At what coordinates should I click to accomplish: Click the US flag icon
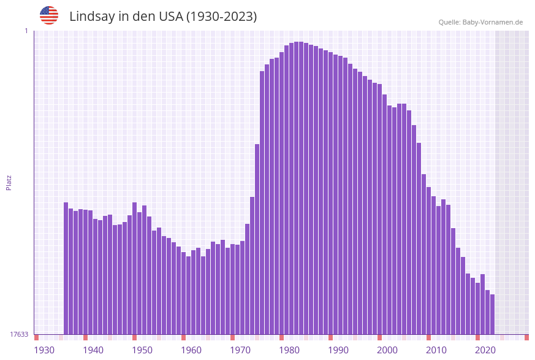pos(49,15)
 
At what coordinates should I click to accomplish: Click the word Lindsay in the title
pos(92,17)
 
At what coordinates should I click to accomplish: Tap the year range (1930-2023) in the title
pos(221,17)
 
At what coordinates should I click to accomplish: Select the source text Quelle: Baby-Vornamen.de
pos(480,22)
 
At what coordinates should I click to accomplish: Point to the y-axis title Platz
pos(9,182)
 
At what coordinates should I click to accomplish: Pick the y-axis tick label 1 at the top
pos(26,31)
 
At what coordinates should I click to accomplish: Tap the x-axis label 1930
pos(44,350)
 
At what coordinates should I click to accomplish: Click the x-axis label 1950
pos(142,350)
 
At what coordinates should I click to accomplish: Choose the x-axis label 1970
pos(240,350)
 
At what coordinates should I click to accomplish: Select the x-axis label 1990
pos(338,350)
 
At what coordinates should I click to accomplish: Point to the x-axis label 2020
pos(485,350)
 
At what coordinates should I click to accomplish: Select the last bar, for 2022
pos(492,314)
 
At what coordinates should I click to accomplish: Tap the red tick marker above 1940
pos(85,337)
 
